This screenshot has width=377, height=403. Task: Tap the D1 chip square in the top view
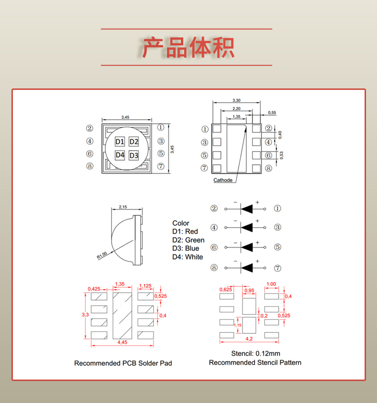[120, 142]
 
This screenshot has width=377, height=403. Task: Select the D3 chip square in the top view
[134, 156]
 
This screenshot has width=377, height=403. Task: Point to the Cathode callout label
[223, 180]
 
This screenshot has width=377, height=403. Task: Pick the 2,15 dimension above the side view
[122, 207]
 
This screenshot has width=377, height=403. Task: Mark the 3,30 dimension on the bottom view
[236, 100]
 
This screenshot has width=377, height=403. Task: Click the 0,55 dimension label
[272, 113]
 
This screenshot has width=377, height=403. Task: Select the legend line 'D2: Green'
[188, 240]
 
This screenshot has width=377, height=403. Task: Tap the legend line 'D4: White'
[188, 257]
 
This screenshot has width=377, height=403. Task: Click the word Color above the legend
[181, 223]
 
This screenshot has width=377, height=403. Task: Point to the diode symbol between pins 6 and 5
[246, 247]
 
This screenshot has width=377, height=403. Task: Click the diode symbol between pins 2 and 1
[246, 208]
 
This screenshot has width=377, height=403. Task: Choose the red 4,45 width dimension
[122, 342]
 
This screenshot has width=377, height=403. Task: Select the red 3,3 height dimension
[85, 315]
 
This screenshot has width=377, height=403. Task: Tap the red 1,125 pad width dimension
[145, 286]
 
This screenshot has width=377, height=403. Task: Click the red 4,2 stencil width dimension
[249, 339]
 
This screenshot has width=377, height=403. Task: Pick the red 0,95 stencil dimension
[249, 291]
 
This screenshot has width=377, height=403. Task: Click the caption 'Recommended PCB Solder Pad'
[123, 363]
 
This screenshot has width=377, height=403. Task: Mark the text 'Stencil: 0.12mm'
[255, 354]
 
